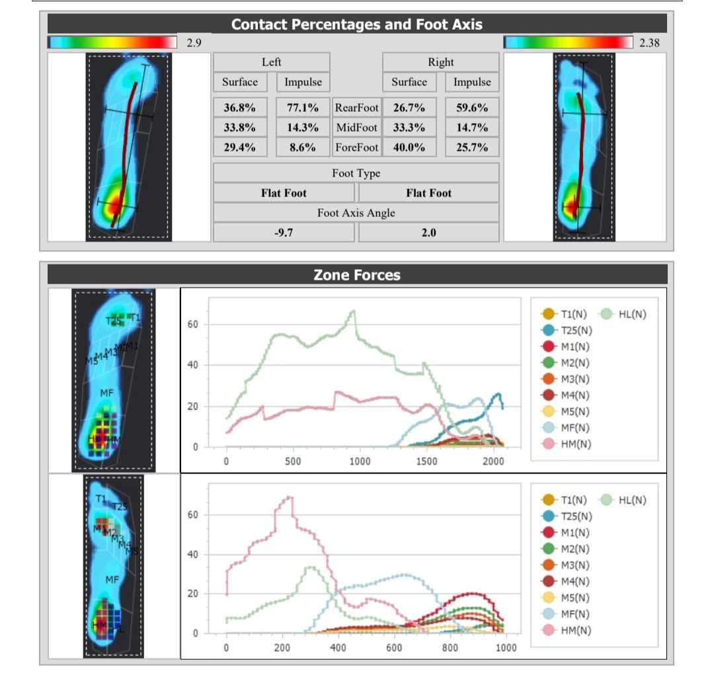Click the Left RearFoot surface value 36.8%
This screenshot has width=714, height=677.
pyautogui.click(x=240, y=108)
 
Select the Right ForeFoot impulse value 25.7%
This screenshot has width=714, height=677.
pyautogui.click(x=472, y=147)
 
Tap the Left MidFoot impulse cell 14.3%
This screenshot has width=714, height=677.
pyautogui.click(x=303, y=128)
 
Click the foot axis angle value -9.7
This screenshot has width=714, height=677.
pyautogui.click(x=284, y=233)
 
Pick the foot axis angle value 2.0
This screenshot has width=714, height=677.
pyautogui.click(x=428, y=233)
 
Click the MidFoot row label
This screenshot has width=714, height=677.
pyautogui.click(x=356, y=128)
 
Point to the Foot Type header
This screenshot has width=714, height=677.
pyautogui.click(x=356, y=173)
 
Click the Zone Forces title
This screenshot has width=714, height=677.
pyautogui.click(x=357, y=274)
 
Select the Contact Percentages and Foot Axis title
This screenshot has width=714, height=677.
pyautogui.click(x=357, y=25)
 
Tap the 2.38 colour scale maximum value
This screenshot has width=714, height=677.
pyautogui.click(x=649, y=43)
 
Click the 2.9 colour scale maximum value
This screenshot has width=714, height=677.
pyautogui.click(x=193, y=43)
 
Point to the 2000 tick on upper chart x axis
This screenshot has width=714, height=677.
pyautogui.click(x=493, y=461)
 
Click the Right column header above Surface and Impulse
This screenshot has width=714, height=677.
pyautogui.click(x=440, y=62)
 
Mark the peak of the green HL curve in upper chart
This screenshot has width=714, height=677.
pyautogui.click(x=354, y=310)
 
